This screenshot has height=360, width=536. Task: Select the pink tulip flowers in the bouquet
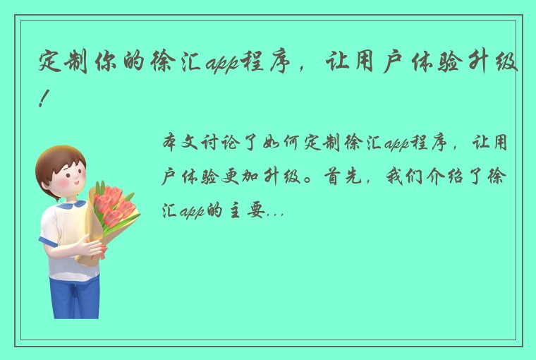111,205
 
